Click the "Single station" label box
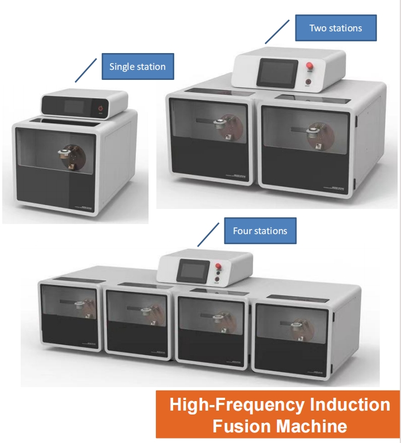tap(138, 66)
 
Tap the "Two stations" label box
tap(336, 28)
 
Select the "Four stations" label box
tap(260, 231)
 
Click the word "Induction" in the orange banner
tap(350, 405)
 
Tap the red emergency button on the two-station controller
tap(309, 66)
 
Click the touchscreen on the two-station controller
tap(277, 73)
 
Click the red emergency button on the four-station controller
tap(218, 266)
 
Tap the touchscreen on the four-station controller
tap(194, 270)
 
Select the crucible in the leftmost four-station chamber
tap(79, 306)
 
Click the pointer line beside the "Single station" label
tap(86, 70)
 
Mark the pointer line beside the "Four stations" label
tap(208, 235)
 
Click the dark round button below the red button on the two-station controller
tap(308, 82)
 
